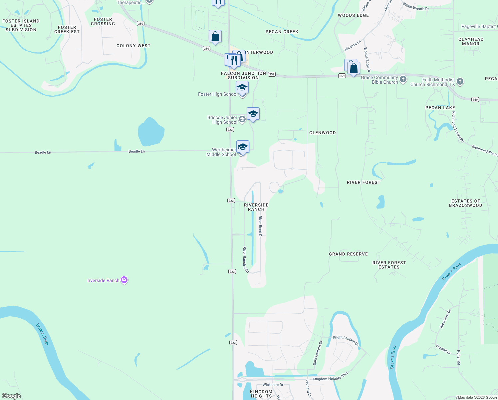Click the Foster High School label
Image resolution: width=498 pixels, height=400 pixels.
(218, 94)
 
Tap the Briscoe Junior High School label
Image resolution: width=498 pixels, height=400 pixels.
(222, 120)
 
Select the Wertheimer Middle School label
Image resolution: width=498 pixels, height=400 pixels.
(221, 152)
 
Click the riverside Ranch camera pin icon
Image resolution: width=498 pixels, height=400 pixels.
(124, 280)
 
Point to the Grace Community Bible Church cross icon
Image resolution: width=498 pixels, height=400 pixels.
(403, 79)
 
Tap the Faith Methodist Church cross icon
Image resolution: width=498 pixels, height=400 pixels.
(460, 82)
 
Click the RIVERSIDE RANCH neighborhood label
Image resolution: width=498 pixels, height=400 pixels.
(256, 207)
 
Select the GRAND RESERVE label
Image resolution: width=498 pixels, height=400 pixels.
(348, 254)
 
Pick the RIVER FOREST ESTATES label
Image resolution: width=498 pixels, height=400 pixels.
(389, 265)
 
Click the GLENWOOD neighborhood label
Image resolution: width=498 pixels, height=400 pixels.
(322, 133)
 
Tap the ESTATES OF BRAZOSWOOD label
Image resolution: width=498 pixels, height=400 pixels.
(465, 203)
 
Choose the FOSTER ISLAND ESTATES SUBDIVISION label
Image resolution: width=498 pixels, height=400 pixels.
(21, 25)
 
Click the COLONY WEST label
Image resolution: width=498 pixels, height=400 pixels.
(133, 46)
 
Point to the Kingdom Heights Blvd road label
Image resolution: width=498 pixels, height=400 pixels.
(330, 377)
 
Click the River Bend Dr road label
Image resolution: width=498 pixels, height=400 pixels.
(260, 227)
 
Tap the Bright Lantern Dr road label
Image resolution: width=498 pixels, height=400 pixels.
(346, 340)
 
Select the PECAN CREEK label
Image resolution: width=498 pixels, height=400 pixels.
(282, 32)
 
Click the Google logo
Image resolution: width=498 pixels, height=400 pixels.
(11, 396)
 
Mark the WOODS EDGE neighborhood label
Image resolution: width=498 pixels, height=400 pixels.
(353, 15)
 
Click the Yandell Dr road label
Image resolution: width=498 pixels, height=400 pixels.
(443, 349)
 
